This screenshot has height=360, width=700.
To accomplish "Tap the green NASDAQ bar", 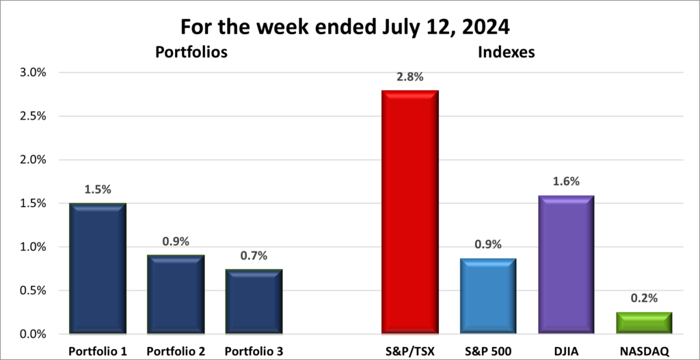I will coord(643,323).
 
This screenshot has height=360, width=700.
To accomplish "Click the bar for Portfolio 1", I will coord(98,268).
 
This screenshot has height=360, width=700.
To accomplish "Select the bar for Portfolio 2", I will coord(175,294).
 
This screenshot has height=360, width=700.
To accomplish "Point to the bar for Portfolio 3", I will coord(253,301).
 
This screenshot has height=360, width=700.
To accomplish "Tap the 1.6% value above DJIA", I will coord(565,181).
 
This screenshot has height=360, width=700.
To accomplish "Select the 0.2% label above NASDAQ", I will coord(643,298).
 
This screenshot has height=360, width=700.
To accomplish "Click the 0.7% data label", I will coord(253,255).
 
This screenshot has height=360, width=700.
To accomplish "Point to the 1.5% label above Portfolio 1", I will coord(98,189).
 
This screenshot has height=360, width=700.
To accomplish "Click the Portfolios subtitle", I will coord(191,52).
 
